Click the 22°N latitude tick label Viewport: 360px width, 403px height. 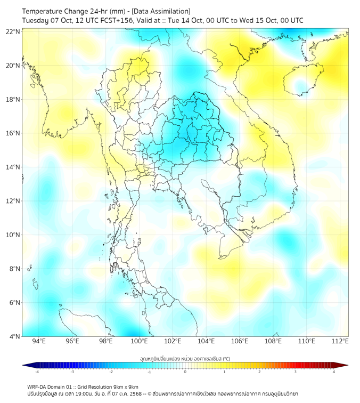(x=13, y=32)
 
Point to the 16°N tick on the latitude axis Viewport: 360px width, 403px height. (x=13, y=133)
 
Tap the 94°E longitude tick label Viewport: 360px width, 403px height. (x=39, y=341)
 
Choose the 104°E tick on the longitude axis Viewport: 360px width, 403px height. (x=206, y=341)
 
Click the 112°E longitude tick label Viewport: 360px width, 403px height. (x=340, y=341)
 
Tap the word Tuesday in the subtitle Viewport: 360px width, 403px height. (x=35, y=20)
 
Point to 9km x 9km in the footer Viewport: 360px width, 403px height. (x=123, y=386)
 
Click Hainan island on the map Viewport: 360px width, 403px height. (x=301, y=83)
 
